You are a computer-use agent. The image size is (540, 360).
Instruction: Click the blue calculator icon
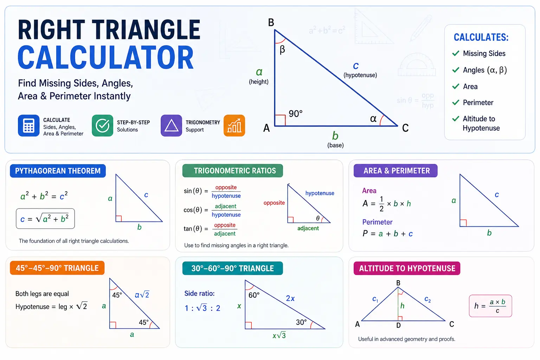click(x=28, y=126)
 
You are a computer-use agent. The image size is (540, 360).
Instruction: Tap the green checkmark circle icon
click(x=102, y=126)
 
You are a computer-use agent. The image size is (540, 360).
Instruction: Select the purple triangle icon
click(x=172, y=126)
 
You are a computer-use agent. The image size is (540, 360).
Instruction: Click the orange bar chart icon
click(x=234, y=126)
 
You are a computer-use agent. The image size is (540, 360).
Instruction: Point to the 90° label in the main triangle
click(x=296, y=114)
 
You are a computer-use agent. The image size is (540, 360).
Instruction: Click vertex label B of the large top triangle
click(x=271, y=22)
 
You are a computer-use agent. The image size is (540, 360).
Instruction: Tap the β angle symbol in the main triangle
click(x=282, y=50)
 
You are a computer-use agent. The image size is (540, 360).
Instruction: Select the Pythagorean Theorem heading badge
click(x=58, y=171)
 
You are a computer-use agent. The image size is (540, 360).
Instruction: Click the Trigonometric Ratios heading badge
click(x=233, y=171)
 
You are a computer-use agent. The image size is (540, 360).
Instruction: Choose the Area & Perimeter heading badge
click(x=396, y=171)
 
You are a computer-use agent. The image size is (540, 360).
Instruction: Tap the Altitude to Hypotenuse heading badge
click(x=407, y=268)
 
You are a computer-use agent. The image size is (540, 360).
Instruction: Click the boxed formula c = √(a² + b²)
click(x=45, y=218)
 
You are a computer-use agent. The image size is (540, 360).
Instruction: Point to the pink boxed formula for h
click(x=490, y=306)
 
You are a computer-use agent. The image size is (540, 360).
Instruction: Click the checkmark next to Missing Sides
click(x=456, y=53)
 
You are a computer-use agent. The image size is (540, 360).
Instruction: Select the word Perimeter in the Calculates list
click(x=478, y=102)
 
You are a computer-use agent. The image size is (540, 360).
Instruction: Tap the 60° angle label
click(x=254, y=295)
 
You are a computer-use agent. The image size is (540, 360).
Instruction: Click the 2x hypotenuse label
click(x=290, y=298)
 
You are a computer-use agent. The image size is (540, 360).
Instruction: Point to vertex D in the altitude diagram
click(x=398, y=326)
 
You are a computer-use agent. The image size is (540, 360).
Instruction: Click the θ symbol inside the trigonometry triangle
click(x=318, y=218)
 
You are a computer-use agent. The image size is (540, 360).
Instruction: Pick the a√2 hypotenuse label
click(x=142, y=294)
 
